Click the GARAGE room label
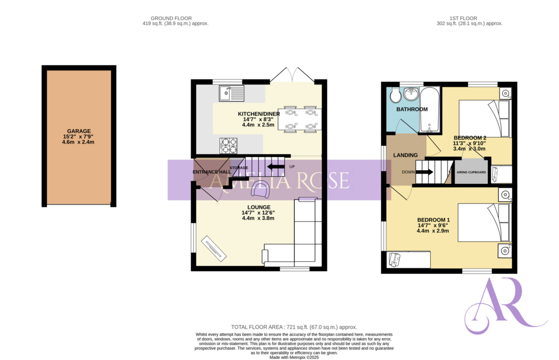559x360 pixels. (79, 131)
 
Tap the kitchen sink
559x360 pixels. (232, 94)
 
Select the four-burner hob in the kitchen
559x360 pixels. (228, 145)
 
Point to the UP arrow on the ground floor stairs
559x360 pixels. (276, 167)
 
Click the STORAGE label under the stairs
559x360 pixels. (239, 167)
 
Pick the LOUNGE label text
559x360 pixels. (258, 207)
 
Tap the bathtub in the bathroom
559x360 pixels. (431, 109)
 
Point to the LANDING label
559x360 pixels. (405, 155)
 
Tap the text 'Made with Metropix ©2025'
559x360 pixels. (294, 357)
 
